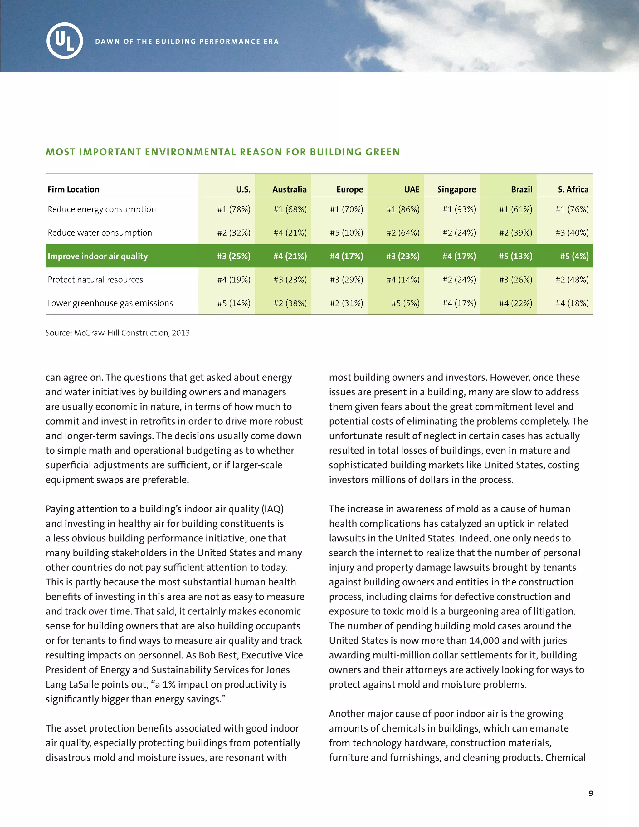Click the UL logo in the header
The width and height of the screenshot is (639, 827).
pyautogui.click(x=65, y=41)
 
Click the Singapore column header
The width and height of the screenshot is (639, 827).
pyautogui.click(x=456, y=189)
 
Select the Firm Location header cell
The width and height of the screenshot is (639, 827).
pyautogui.click(x=73, y=189)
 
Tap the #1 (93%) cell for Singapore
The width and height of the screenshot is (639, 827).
pyautogui.click(x=459, y=209)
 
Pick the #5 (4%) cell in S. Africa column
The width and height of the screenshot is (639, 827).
pyautogui.click(x=574, y=256)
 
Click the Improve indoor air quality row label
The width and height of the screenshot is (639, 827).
pyautogui.click(x=98, y=256)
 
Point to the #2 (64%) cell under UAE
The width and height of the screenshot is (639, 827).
pyautogui.click(x=403, y=233)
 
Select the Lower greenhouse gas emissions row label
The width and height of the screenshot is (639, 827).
pyautogui.click(x=110, y=303)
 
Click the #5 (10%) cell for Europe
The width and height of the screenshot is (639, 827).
pyautogui.click(x=346, y=233)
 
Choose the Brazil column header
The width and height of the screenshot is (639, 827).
pyautogui.click(x=521, y=189)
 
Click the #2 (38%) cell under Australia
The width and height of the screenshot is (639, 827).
pyautogui.click(x=290, y=303)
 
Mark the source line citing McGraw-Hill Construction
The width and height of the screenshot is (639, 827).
pyautogui.click(x=118, y=333)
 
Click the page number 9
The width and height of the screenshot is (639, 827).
pyautogui.click(x=591, y=793)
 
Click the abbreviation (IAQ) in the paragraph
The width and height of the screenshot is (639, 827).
pyautogui.click(x=272, y=509)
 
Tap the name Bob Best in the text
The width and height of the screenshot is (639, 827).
pyautogui.click(x=218, y=655)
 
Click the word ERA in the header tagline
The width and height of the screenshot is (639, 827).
pyautogui.click(x=271, y=41)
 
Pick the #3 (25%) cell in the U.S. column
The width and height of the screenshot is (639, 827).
pyautogui.click(x=234, y=256)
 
